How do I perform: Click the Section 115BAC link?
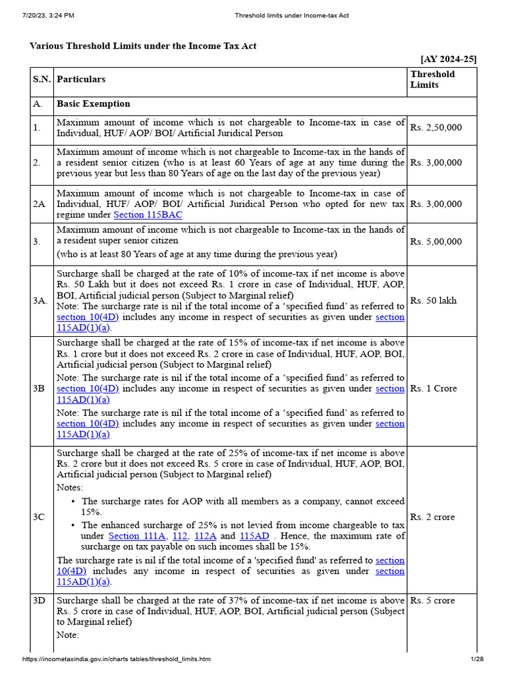tap(148, 215)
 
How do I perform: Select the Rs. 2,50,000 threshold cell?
tap(436, 128)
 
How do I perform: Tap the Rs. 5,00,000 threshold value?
tap(436, 242)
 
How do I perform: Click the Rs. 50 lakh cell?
tap(433, 301)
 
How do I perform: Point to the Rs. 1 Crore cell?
tap(433, 388)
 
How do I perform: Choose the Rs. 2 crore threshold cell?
tap(432, 517)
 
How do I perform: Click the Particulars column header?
tap(81, 79)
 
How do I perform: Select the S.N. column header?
tap(42, 79)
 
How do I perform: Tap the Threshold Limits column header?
tap(432, 79)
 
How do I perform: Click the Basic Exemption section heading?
tap(94, 104)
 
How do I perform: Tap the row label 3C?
tap(40, 517)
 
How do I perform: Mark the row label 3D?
tap(40, 601)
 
